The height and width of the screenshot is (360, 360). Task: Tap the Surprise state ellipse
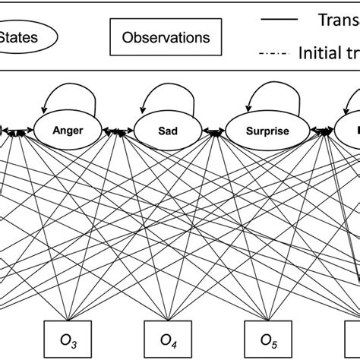click(x=262, y=130)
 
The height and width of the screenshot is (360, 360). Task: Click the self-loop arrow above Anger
click(x=70, y=97)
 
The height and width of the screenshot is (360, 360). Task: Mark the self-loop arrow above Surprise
click(x=262, y=97)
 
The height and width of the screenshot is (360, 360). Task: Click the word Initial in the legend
click(x=319, y=53)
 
